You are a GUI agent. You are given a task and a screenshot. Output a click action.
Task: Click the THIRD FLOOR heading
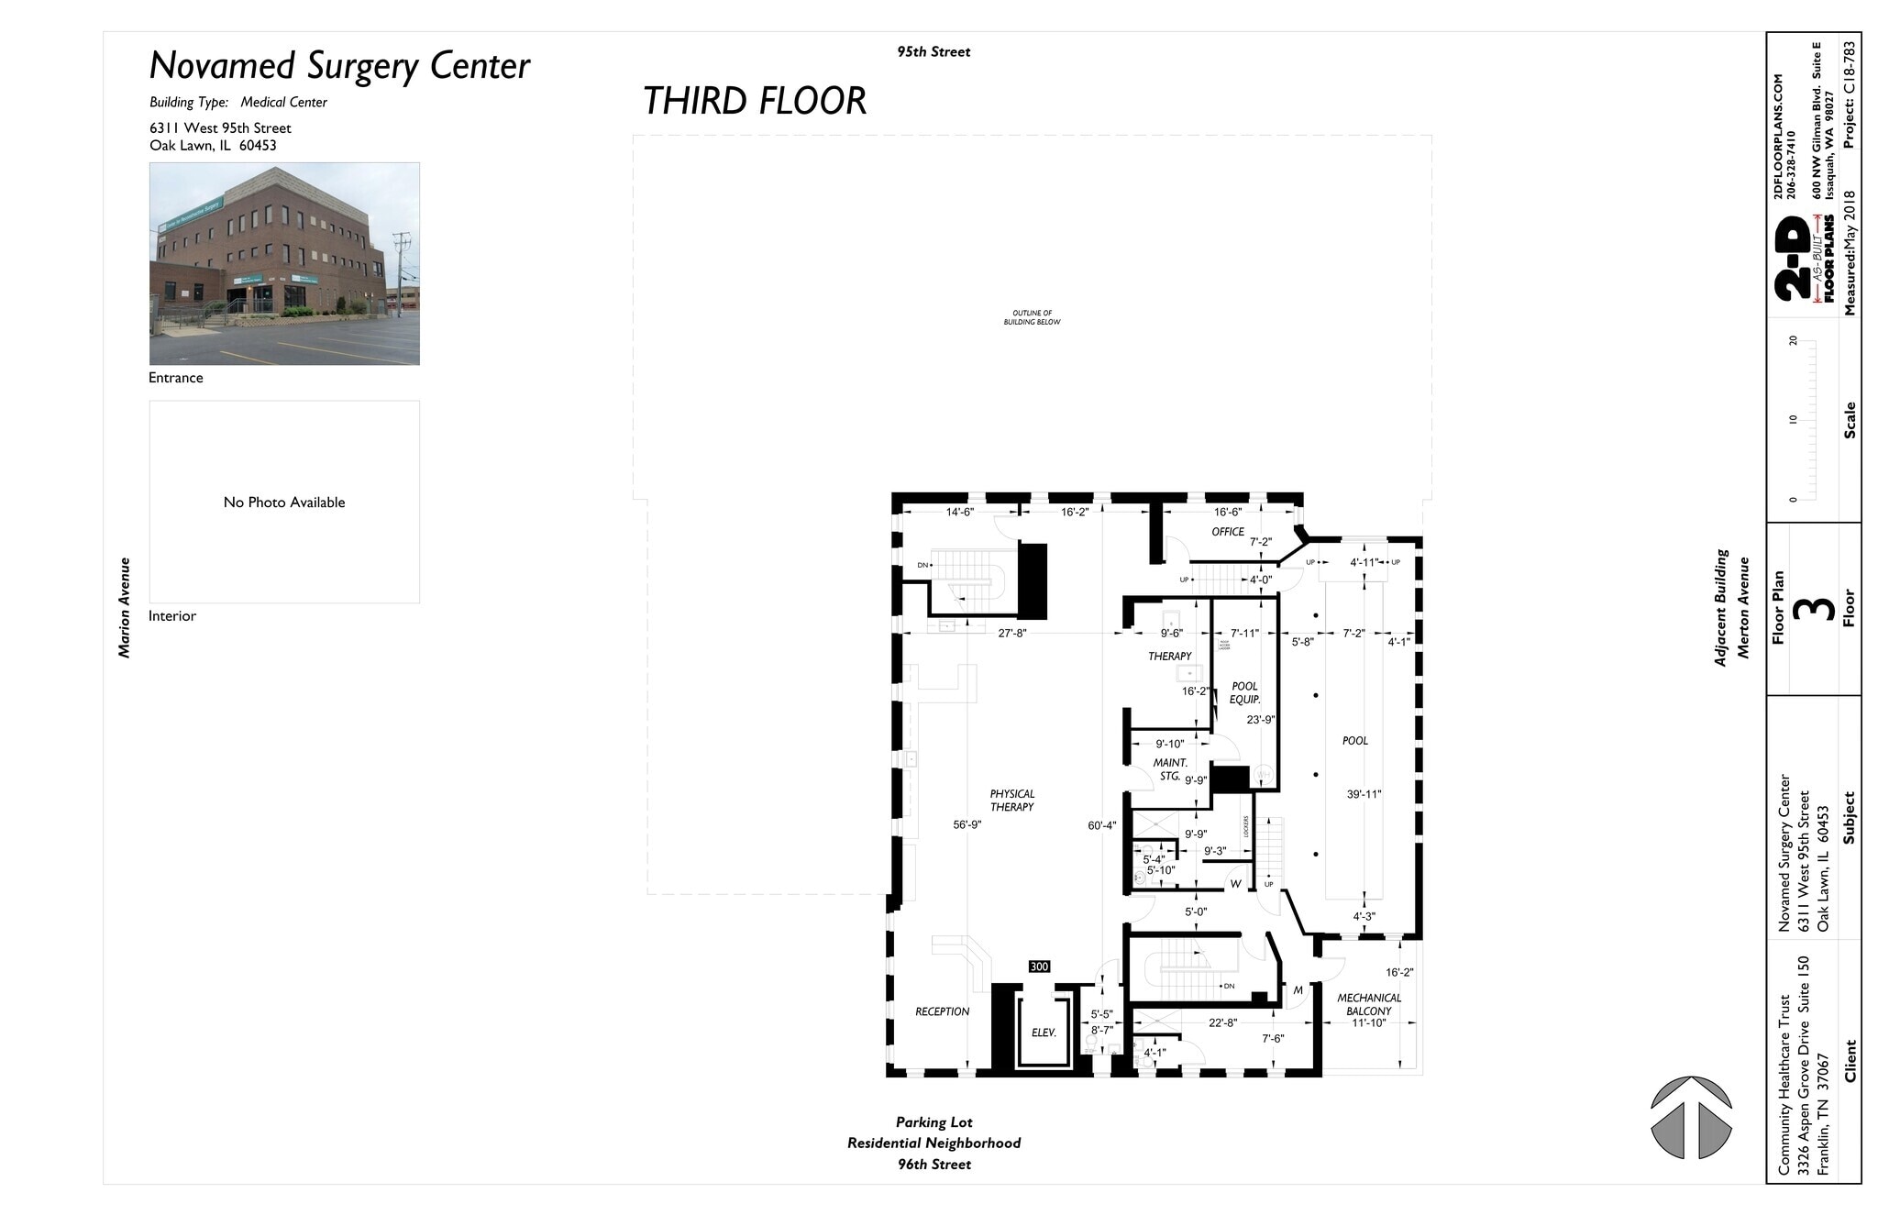tap(754, 101)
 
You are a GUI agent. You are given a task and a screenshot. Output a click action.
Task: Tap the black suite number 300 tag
tap(1039, 966)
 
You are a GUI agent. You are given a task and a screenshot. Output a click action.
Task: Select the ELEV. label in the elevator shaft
tap(1044, 1033)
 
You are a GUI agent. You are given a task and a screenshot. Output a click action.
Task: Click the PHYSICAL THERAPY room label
tap(1011, 801)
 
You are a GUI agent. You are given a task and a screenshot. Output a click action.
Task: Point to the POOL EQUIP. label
tap(1244, 693)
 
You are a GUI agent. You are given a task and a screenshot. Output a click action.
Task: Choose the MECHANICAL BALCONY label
tap(1369, 1004)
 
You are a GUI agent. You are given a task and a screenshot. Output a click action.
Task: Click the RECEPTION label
tap(942, 1011)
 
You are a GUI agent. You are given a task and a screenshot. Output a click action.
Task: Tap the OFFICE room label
tap(1228, 532)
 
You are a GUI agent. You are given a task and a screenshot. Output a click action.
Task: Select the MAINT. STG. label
tap(1170, 769)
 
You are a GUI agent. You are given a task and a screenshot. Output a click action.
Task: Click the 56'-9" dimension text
tap(967, 825)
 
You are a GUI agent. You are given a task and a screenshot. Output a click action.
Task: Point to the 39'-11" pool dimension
tap(1364, 794)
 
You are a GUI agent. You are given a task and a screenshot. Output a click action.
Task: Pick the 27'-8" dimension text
tap(1012, 633)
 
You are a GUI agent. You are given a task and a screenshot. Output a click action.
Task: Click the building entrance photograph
tap(284, 264)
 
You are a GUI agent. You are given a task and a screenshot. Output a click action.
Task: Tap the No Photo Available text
tap(284, 503)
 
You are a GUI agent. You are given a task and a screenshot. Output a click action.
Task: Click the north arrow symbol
tap(1691, 1118)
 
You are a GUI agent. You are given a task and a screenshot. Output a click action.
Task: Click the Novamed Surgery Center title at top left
tap(339, 66)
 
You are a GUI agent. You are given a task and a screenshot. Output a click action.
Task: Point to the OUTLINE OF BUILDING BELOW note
tap(1032, 317)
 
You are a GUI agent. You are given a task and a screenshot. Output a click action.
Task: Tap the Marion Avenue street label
tap(125, 607)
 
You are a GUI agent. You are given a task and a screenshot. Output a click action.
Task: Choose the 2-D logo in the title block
tap(1795, 260)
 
